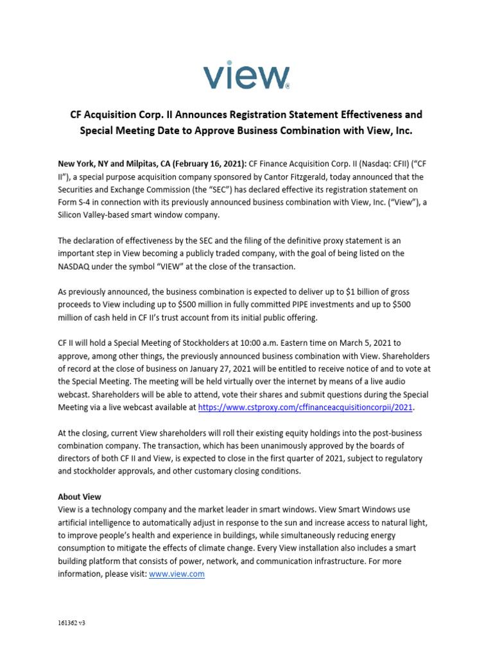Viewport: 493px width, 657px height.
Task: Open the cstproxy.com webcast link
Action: (x=306, y=407)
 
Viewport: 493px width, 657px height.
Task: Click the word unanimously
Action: (x=297, y=446)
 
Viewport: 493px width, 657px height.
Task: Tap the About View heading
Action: (x=80, y=497)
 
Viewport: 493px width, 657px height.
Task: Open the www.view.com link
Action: (x=177, y=574)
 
